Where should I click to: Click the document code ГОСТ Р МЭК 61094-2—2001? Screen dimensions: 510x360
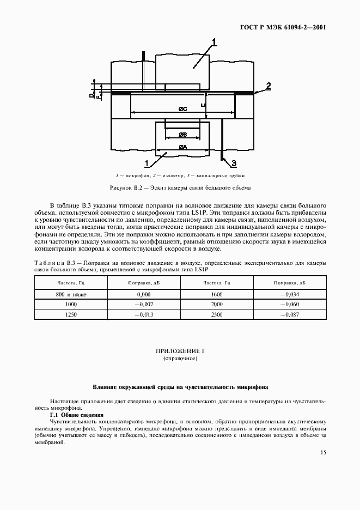click(x=283, y=27)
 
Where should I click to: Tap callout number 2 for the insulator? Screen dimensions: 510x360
click(x=268, y=85)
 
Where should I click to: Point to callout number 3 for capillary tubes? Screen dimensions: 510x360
click(x=234, y=163)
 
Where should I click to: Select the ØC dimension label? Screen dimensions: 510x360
click(x=183, y=110)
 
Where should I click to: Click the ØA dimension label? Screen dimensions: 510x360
click(x=182, y=147)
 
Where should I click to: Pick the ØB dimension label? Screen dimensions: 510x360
click(x=182, y=133)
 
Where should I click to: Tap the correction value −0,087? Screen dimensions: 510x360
click(x=290, y=315)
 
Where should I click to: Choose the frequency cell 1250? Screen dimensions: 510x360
click(x=71, y=315)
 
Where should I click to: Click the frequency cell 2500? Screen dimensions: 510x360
click(x=217, y=315)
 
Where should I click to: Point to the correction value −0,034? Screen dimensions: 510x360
click(x=290, y=295)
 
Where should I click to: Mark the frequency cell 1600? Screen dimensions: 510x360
click(x=217, y=295)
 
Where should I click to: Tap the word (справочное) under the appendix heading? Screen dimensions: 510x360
click(x=179, y=360)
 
